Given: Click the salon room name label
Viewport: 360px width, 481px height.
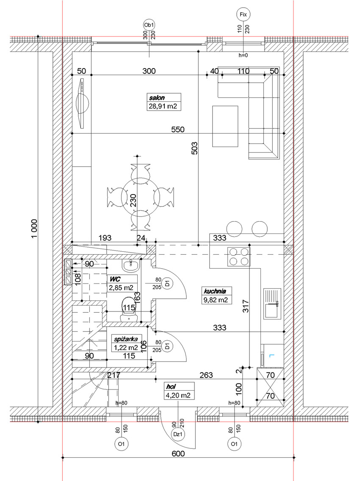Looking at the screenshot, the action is click(157, 98).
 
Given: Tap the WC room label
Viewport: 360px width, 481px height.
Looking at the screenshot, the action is click(115, 279).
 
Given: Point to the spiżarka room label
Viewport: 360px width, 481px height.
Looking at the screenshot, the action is click(126, 339).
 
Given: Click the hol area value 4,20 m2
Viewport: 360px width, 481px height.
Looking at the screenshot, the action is click(178, 395).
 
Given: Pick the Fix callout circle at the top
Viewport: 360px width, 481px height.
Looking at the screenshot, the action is click(243, 14).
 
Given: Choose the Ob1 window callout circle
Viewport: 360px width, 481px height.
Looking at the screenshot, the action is click(150, 25).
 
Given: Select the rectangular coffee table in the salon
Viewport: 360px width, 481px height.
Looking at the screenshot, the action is click(225, 126).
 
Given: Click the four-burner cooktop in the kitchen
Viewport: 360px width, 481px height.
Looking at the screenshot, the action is click(238, 257).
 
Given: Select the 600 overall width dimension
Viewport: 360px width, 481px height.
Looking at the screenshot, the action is click(178, 453).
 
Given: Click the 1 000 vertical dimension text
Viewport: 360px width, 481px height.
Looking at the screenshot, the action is click(34, 228).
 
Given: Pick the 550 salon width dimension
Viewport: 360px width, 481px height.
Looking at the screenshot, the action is click(178, 129).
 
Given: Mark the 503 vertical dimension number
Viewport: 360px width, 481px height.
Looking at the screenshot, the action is click(194, 148).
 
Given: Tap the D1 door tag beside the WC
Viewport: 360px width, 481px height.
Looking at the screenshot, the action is click(167, 283).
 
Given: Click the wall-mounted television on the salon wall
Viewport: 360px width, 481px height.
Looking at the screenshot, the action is click(83, 104).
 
